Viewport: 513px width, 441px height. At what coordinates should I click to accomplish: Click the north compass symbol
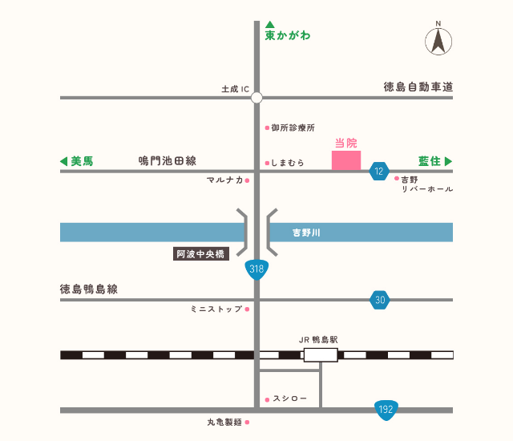(x=438, y=40)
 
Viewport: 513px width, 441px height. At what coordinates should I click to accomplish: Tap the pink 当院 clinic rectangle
(x=346, y=160)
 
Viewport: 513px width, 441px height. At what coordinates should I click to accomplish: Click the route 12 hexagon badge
(x=379, y=171)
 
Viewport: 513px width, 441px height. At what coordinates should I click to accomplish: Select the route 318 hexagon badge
(x=256, y=269)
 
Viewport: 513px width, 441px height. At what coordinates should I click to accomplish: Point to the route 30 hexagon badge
(x=380, y=300)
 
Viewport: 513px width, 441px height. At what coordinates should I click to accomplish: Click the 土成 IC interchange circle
(x=256, y=98)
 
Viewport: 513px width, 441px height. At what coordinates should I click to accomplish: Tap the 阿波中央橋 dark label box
(x=201, y=255)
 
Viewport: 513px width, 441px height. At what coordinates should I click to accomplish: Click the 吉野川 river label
(x=306, y=233)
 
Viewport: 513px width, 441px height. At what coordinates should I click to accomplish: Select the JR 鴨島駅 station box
(x=321, y=354)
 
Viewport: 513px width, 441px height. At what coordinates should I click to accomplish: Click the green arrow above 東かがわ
(x=270, y=24)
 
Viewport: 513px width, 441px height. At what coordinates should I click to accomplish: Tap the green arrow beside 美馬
(x=64, y=161)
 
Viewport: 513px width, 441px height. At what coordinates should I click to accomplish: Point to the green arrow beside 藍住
(x=449, y=161)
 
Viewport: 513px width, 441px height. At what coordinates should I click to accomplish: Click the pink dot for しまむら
(x=267, y=163)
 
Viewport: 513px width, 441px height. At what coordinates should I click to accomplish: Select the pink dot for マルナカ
(x=248, y=180)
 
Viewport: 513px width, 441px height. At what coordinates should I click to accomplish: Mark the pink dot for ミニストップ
(x=248, y=309)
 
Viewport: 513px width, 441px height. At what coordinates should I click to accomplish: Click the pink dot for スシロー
(x=267, y=399)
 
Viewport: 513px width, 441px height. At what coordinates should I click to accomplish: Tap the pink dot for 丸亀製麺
(x=248, y=422)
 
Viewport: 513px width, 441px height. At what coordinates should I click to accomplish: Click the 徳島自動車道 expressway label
(x=418, y=87)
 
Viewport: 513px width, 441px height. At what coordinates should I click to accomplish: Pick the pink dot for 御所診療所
(x=267, y=127)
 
